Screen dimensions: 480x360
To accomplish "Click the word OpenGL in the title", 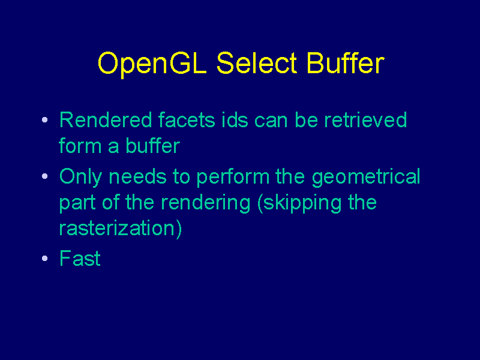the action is pos(152,64).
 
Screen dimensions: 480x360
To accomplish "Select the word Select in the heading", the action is pos(257,63).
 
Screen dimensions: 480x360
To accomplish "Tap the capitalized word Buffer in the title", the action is pos(346,63).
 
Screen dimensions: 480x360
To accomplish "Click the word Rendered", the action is pos(106,119).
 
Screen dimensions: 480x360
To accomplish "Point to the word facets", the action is pos(187,119).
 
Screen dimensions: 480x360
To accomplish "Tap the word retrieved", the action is pos(365,119).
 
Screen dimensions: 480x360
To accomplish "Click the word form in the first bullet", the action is pos(80,145).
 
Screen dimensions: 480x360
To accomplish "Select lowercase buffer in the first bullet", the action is pos(153,145).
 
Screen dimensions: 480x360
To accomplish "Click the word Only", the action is pos(80,178).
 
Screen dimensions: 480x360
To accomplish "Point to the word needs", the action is pos(138,176).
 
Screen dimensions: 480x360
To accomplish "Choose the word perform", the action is pos(233,178).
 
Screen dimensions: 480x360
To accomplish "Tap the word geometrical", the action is pos(366,178).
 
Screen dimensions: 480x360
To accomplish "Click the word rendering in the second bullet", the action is pos(205,203).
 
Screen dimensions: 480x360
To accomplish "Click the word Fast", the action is pos(80,258).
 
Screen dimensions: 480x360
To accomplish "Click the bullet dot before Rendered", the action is pos(44,119).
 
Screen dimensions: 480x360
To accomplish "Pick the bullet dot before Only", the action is pos(44,176).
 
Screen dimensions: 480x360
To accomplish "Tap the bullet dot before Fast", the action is pos(44,258).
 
